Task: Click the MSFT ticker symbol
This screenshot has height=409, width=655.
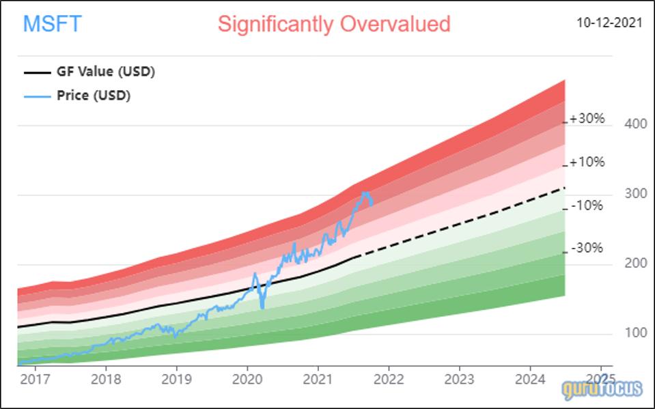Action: [x=52, y=24]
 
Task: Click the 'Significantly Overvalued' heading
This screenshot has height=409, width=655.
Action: [x=334, y=24]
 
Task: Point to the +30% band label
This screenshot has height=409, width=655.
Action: [x=587, y=119]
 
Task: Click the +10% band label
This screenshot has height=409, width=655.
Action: [x=587, y=163]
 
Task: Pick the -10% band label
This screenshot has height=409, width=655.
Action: [x=587, y=205]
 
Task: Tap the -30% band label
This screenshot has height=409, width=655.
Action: [x=587, y=249]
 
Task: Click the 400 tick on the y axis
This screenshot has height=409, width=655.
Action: [x=635, y=125]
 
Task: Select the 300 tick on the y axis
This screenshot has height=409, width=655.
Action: [x=635, y=195]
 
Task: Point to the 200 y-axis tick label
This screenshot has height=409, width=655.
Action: [x=635, y=264]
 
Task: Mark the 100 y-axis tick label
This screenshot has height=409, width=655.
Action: [x=635, y=334]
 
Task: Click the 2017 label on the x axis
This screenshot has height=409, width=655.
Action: [x=34, y=379]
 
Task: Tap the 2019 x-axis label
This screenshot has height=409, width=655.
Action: [x=176, y=379]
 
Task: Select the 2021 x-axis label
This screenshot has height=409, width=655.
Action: [x=318, y=379]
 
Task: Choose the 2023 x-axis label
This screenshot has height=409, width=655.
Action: [x=459, y=379]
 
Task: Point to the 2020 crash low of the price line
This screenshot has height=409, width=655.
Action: [x=262, y=307]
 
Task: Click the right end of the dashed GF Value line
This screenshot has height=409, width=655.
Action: [x=565, y=187]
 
